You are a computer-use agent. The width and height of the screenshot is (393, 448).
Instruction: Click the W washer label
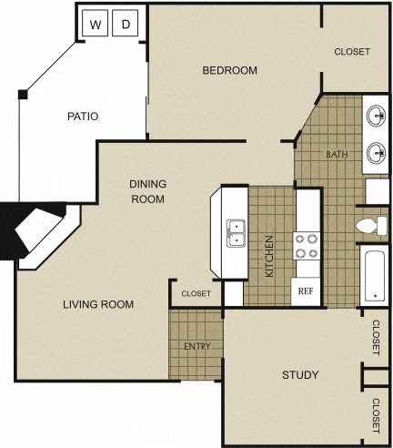pyautogui.click(x=96, y=25)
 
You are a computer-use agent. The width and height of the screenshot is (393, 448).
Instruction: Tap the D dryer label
pyautogui.click(x=126, y=25)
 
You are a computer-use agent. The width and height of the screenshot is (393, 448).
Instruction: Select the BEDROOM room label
pyautogui.click(x=229, y=70)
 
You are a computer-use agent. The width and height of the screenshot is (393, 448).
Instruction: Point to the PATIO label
pyautogui.click(x=83, y=116)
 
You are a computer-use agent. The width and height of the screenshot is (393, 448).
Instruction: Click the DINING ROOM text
pyautogui.click(x=147, y=191)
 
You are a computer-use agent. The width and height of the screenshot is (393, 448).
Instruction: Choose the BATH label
pyautogui.click(x=337, y=154)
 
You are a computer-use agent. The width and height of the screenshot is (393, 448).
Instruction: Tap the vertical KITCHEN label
pyautogui.click(x=269, y=256)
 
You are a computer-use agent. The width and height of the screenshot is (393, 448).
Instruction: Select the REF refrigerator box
pyautogui.click(x=305, y=291)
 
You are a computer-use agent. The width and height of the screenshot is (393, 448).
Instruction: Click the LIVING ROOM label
pyautogui.click(x=98, y=304)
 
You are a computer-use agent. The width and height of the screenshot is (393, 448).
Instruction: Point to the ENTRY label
pyautogui.click(x=196, y=346)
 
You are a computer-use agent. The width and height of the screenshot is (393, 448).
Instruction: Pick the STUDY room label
pyautogui.click(x=300, y=375)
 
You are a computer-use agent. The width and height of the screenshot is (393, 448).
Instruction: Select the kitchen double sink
pyautogui.click(x=237, y=233)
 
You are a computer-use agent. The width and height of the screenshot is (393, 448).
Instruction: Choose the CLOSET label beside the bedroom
pyautogui.click(x=352, y=52)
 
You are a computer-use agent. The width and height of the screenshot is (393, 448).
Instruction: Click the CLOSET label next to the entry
pyautogui.click(x=196, y=293)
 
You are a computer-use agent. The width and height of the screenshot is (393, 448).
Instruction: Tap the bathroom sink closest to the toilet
pyautogui.click(x=376, y=153)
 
